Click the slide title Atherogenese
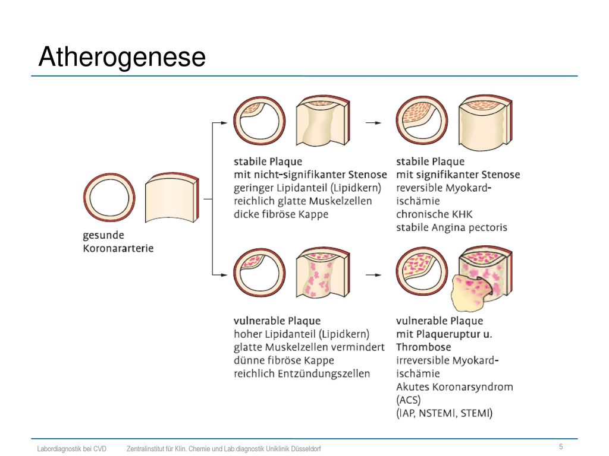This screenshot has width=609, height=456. click(122, 56)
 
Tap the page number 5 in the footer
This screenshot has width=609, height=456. click(561, 446)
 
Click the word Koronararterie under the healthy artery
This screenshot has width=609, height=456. click(118, 248)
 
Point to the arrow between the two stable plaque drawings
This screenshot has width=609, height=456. click(373, 123)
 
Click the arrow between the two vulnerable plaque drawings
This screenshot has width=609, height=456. click(373, 275)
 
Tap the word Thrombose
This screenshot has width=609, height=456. click(418, 347)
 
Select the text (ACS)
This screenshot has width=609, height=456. click(408, 400)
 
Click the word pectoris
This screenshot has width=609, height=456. click(488, 227)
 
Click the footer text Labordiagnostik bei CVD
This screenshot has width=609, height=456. click(72, 449)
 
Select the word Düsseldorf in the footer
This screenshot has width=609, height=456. click(306, 449)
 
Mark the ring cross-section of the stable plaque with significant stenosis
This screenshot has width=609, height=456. click(422, 121)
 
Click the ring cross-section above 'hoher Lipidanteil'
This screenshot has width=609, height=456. click(259, 273)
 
